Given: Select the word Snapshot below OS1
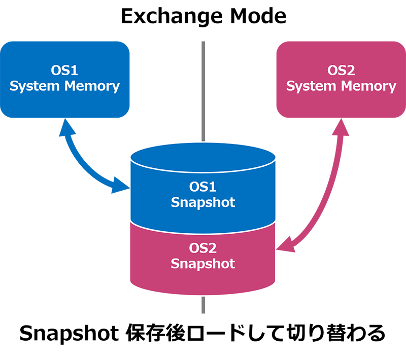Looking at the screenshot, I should click(x=203, y=202).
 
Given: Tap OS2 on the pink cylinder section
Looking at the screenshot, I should click(x=203, y=248).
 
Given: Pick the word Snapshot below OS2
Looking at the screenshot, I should click(x=203, y=264).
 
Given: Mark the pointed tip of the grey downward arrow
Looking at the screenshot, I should click(x=202, y=139).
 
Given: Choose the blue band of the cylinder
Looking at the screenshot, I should click(x=152, y=198).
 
